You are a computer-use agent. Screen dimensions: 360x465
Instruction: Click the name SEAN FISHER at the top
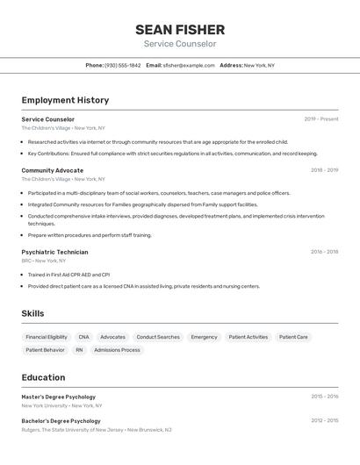click(x=180, y=30)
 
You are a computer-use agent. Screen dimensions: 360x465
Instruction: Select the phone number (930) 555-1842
click(x=122, y=65)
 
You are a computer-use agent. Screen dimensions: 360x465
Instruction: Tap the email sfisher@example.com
click(x=189, y=65)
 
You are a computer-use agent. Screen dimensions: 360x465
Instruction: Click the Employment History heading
click(x=65, y=100)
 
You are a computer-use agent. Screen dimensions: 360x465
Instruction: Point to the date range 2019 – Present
click(x=321, y=119)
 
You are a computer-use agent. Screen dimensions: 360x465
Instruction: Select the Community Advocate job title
click(x=53, y=170)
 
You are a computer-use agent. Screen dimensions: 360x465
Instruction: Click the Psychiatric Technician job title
click(x=54, y=252)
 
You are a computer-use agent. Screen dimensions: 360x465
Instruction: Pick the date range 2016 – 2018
click(x=324, y=252)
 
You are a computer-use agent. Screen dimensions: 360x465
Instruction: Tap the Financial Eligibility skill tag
click(x=47, y=337)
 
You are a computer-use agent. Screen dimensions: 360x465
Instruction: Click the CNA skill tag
click(x=83, y=337)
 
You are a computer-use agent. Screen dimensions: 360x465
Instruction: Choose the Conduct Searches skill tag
click(x=158, y=337)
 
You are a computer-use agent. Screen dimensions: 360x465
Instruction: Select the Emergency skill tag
click(x=204, y=337)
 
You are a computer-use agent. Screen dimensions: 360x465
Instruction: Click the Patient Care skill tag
click(x=293, y=337)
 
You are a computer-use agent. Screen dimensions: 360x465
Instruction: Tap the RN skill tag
click(x=79, y=350)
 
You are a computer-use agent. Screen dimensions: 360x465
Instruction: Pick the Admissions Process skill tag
click(x=117, y=350)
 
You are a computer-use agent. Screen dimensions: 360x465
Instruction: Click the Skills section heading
click(x=32, y=313)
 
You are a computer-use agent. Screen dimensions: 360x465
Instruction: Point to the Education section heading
click(x=43, y=377)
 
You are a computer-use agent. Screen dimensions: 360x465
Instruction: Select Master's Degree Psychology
click(x=58, y=397)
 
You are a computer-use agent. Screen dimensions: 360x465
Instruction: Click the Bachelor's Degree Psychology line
click(x=61, y=421)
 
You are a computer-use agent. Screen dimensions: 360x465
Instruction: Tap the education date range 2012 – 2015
click(x=324, y=421)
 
